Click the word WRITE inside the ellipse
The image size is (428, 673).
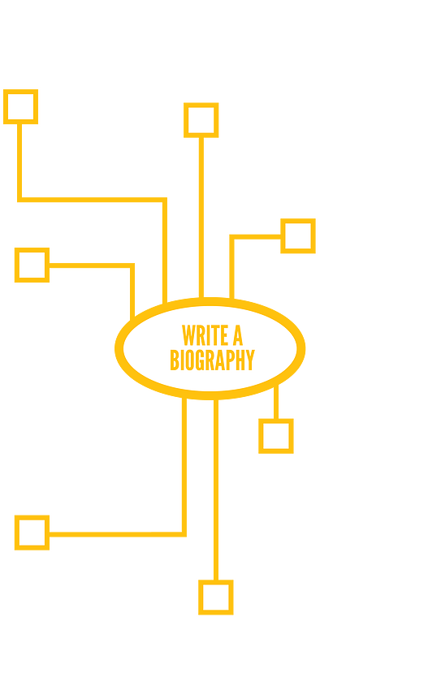pyautogui.click(x=205, y=335)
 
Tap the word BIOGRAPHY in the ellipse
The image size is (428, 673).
pyautogui.click(x=213, y=360)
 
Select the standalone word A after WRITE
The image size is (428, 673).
pyautogui.click(x=238, y=335)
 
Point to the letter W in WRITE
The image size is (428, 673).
pyautogui.click(x=188, y=335)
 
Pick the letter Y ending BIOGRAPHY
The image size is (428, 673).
pyautogui.click(x=250, y=360)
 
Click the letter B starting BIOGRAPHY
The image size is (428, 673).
pyautogui.click(x=175, y=360)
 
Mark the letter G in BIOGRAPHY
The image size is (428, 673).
pyautogui.click(x=200, y=360)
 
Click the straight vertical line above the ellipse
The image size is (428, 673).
pyautogui.click(x=201, y=218)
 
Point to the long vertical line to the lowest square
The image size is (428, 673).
pyautogui.click(x=215, y=490)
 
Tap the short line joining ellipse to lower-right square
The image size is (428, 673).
pyautogui.click(x=275, y=402)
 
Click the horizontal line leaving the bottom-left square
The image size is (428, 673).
pyautogui.click(x=117, y=534)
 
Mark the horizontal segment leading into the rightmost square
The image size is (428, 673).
pyautogui.click(x=257, y=236)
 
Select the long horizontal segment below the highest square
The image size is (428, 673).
pyautogui.click(x=92, y=200)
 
